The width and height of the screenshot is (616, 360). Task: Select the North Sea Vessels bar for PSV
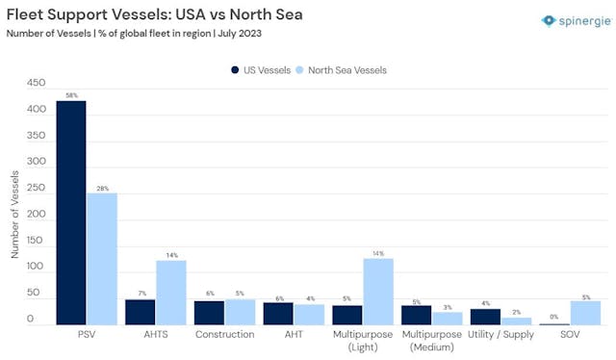coord(101,259)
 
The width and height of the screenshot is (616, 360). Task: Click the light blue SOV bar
coord(585,313)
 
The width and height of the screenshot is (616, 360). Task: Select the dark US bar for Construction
coord(209,313)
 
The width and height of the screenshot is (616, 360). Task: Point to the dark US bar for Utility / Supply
coord(485,317)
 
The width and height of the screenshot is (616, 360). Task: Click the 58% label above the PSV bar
coord(71,94)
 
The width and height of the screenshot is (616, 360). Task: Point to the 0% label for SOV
coord(554,317)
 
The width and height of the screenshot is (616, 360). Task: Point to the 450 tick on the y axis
coord(36,84)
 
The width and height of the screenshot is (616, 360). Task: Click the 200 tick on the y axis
coord(36,214)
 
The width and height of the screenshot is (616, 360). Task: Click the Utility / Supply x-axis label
coord(500,335)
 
